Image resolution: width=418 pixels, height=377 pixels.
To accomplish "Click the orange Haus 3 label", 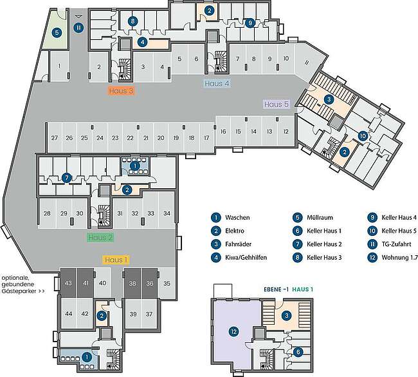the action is tap(122, 91).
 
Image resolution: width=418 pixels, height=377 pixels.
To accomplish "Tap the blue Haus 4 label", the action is tap(217, 84).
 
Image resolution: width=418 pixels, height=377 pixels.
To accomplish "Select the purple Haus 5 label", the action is tap(277, 104).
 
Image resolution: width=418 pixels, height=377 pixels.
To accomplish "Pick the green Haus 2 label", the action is tap(100, 237).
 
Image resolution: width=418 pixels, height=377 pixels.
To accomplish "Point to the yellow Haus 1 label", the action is tap(116, 260).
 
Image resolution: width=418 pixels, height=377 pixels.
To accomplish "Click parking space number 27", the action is tap(55, 138).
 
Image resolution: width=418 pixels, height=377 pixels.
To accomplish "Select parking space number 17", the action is tap(206, 138).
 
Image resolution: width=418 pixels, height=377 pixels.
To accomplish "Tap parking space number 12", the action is tap(286, 131).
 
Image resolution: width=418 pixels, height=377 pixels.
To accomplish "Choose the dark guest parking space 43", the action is tap(69, 283).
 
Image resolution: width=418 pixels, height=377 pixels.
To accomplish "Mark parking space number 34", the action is tap(167, 213).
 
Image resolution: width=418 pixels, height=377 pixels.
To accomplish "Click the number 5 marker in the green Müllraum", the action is tap(57, 33).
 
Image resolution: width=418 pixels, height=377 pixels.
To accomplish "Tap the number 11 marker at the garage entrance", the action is tap(78, 28).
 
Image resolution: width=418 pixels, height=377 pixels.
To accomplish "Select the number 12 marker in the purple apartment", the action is tap(234, 332).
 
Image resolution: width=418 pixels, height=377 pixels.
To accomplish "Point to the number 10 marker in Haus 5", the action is tap(363, 136).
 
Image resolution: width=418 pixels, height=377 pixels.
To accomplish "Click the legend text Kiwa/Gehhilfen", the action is tap(246, 258).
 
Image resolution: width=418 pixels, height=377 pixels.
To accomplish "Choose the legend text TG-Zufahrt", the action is tap(396, 244).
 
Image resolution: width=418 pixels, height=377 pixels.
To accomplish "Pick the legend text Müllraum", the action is tap(320, 217).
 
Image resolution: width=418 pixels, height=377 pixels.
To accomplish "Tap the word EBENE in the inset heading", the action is tap(273, 289).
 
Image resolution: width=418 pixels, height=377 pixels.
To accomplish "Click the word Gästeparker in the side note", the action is tap(19, 291).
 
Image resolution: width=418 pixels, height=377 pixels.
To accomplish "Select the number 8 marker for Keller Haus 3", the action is tap(132, 21).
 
